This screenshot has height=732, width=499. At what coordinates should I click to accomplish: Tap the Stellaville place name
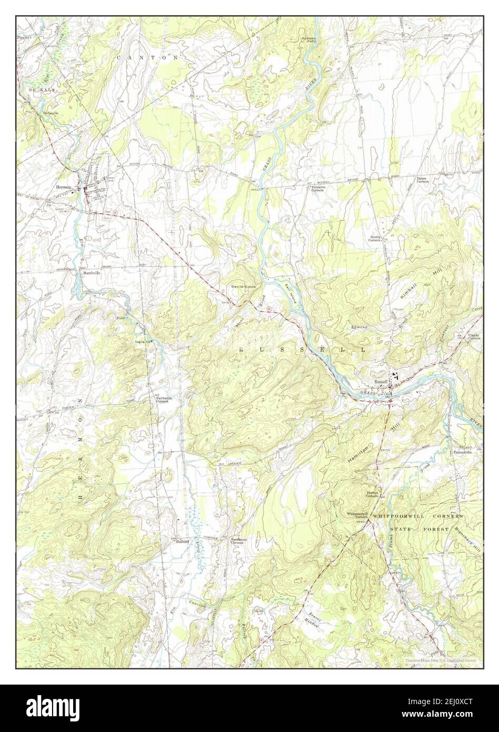click(x=50, y=113)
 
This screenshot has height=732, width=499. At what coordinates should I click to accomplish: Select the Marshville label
click(x=91, y=273)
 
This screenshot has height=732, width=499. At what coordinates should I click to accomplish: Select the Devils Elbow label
click(x=244, y=286)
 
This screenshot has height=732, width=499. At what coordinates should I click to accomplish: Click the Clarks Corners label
click(x=474, y=337)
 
